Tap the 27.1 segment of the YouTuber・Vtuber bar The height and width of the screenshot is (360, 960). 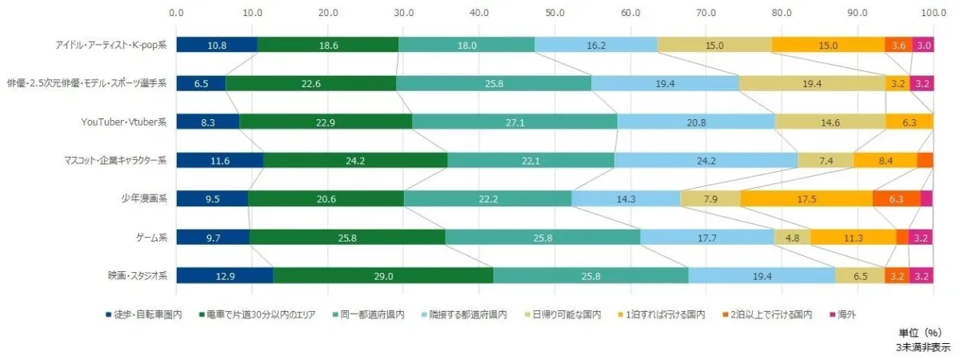pyautogui.click(x=514, y=122)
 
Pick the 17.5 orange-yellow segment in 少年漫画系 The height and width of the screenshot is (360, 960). pyautogui.click(x=806, y=199)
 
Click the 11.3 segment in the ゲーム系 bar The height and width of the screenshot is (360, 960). pyautogui.click(x=853, y=238)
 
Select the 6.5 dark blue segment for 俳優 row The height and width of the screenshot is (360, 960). pyautogui.click(x=201, y=84)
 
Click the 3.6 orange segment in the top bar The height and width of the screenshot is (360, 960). pyautogui.click(x=898, y=46)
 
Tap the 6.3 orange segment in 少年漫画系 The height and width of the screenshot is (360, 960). pyautogui.click(x=895, y=199)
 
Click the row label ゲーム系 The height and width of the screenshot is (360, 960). pyautogui.click(x=149, y=238)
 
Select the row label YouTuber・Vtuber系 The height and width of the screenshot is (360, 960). pyautogui.click(x=123, y=122)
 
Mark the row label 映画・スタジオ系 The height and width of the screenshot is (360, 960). pyautogui.click(x=137, y=276)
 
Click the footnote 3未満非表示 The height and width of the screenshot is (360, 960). pyautogui.click(x=923, y=348)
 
